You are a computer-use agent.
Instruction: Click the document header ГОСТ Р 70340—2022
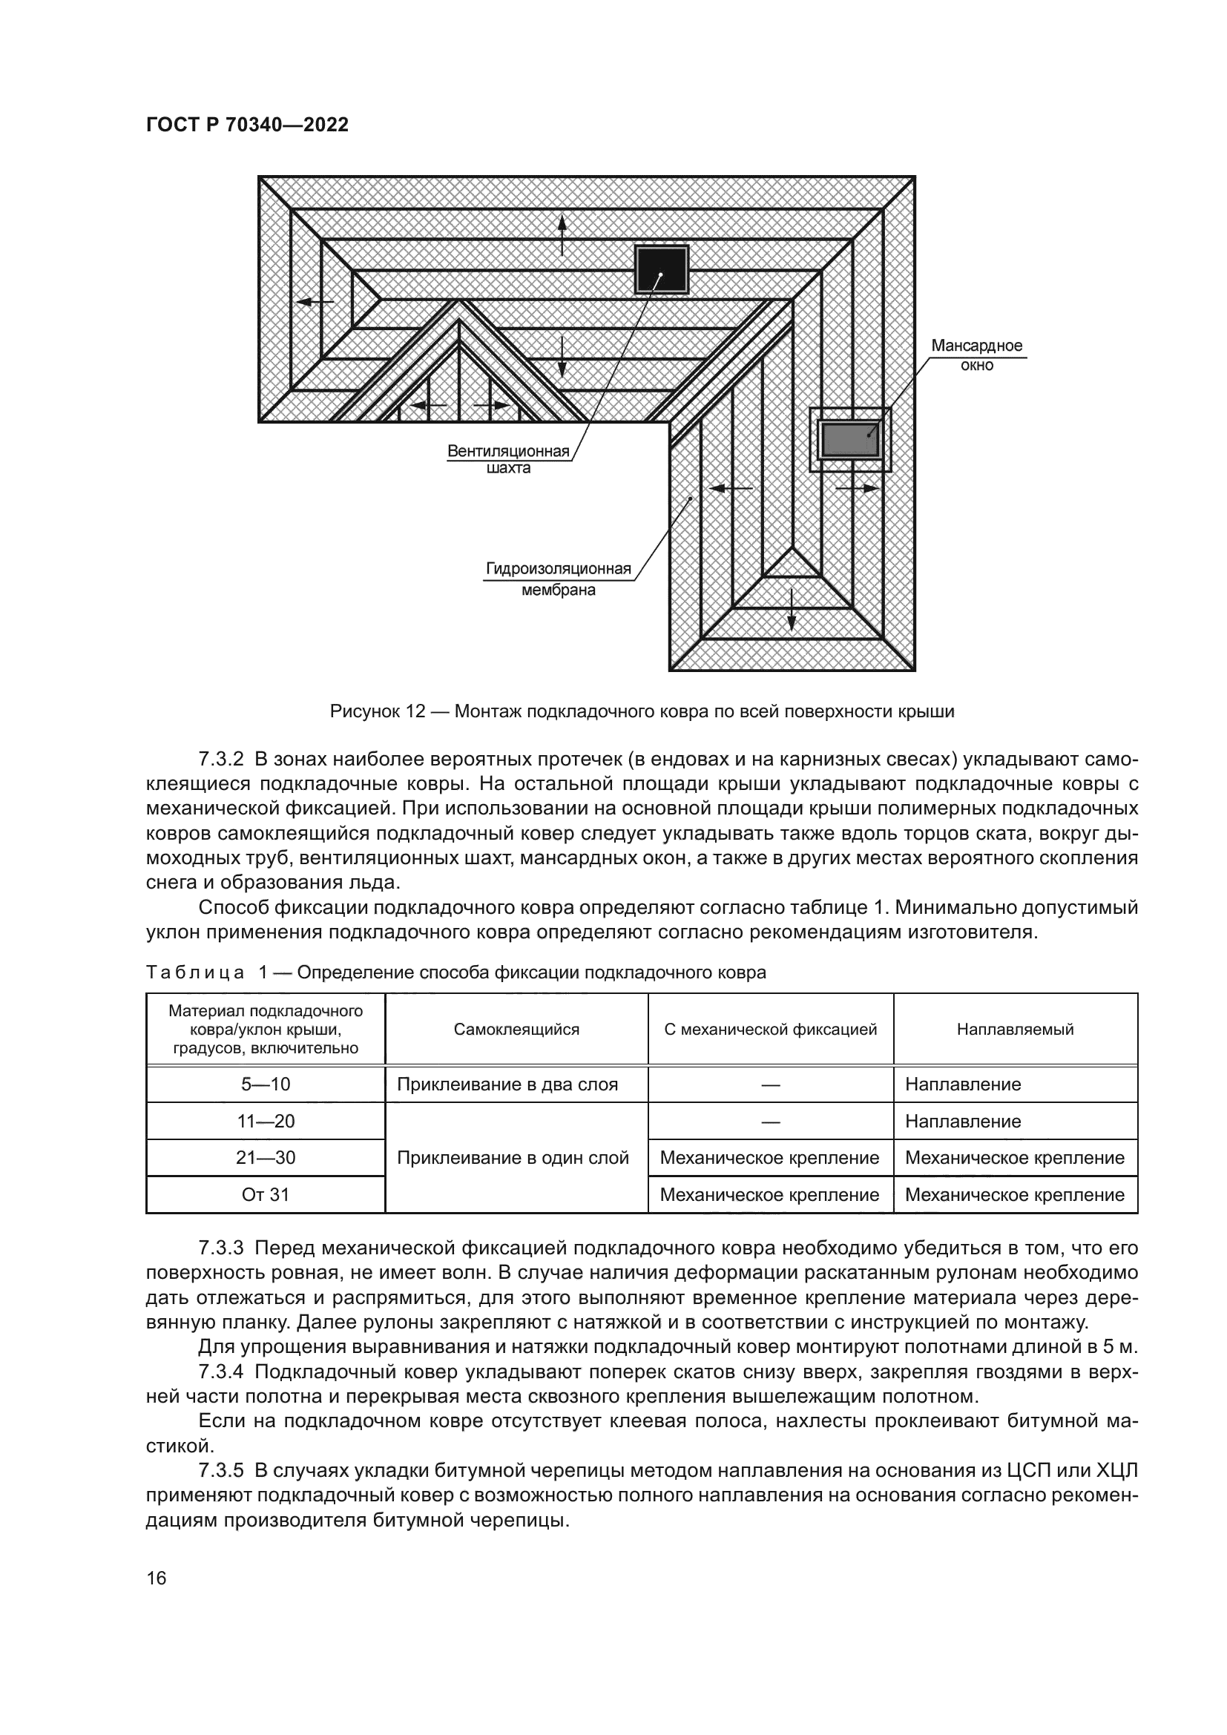[x=247, y=125]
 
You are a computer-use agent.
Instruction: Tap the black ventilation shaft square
[x=661, y=271]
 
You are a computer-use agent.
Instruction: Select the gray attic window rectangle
[x=851, y=439]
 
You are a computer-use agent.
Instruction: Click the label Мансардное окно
[x=976, y=355]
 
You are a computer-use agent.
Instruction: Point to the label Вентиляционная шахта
[x=507, y=459]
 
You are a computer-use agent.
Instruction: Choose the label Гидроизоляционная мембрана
[x=559, y=579]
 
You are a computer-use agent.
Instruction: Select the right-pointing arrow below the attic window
[x=858, y=488]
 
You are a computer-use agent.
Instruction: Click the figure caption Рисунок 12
[x=642, y=711]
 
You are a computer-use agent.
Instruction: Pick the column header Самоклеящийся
[x=516, y=1030]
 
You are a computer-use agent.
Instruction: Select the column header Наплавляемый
[x=1015, y=1030]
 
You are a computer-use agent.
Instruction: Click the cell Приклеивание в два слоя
[x=507, y=1084]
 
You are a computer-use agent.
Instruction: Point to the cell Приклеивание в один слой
[x=513, y=1158]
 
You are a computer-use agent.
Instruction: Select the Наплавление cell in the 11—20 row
[x=963, y=1122]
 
